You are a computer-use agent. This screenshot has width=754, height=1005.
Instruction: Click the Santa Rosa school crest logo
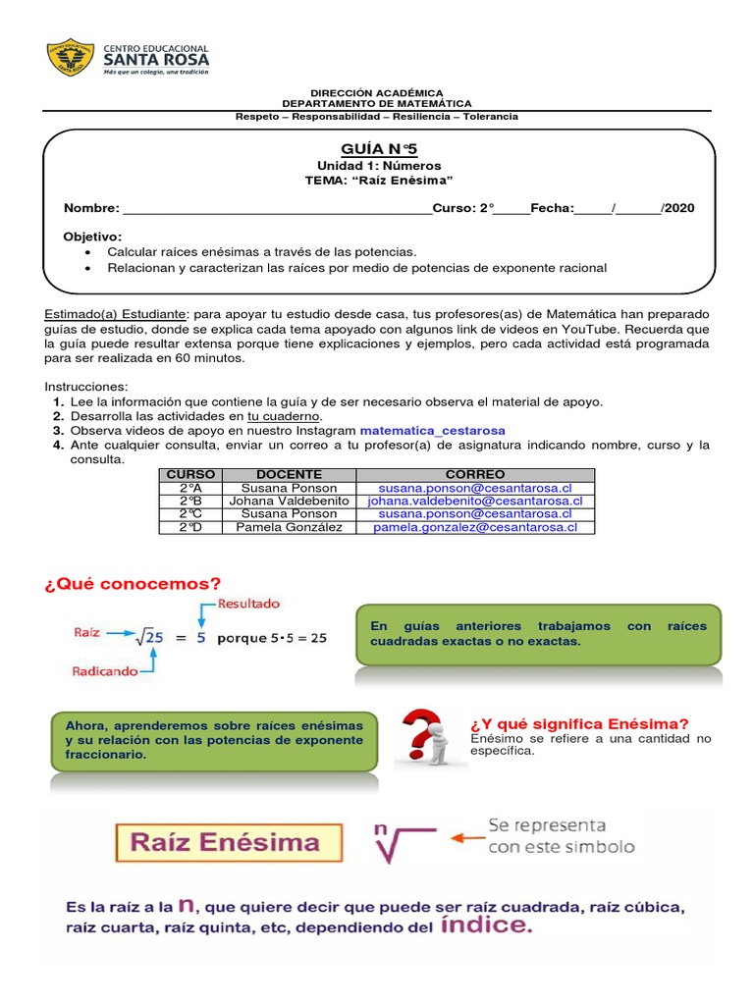click(71, 58)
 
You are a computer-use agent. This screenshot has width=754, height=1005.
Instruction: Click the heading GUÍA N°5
click(378, 148)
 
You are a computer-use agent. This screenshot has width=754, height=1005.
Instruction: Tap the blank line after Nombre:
click(276, 209)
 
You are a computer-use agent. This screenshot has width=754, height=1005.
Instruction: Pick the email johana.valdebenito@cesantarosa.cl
click(475, 501)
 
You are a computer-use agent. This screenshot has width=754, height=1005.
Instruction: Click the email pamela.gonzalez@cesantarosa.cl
click(475, 527)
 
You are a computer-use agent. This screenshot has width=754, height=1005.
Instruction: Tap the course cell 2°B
click(190, 501)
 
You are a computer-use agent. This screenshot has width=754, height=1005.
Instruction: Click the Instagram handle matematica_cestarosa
click(432, 430)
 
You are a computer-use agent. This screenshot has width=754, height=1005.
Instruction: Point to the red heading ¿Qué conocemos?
click(132, 584)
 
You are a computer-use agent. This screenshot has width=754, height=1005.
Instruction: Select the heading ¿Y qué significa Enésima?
click(579, 723)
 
